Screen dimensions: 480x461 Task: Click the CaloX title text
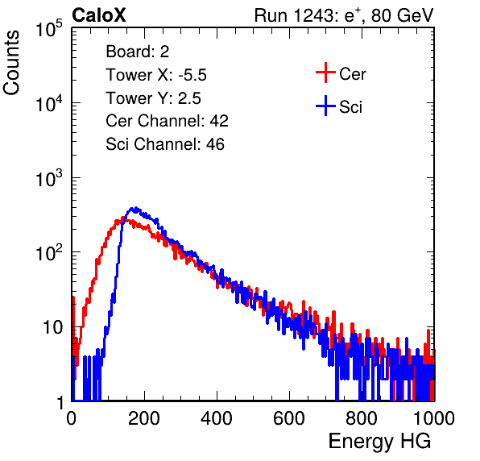[99, 15]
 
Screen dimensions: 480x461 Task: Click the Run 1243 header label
[296, 15]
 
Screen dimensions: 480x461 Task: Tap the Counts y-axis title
[11, 63]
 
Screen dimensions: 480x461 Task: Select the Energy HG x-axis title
[379, 442]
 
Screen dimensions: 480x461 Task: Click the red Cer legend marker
[325, 73]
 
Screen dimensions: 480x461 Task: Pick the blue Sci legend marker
[325, 106]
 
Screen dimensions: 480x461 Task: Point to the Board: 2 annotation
[138, 52]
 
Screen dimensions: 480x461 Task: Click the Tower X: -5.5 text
[156, 75]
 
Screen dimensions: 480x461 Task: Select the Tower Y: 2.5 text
[153, 98]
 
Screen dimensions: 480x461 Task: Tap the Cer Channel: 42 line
[168, 121]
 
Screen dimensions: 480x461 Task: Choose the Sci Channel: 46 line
[165, 144]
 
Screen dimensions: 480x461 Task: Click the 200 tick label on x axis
[144, 418]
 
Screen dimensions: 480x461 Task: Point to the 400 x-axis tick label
[217, 418]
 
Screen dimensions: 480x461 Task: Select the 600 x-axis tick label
[289, 418]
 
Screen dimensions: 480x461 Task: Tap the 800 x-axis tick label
[362, 418]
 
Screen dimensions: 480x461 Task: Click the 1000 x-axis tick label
[434, 418]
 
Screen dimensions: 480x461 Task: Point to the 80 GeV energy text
[402, 15]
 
